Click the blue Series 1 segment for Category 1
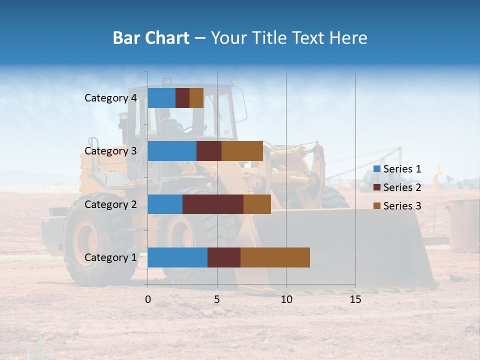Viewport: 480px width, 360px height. click(x=177, y=257)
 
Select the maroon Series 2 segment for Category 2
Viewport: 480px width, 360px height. click(x=212, y=204)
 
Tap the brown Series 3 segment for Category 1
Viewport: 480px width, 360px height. click(x=275, y=257)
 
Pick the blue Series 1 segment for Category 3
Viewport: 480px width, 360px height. click(x=171, y=150)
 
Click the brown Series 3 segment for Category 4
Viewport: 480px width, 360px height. click(x=196, y=97)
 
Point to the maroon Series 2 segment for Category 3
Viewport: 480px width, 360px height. click(x=208, y=150)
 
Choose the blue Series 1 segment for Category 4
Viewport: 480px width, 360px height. click(x=161, y=97)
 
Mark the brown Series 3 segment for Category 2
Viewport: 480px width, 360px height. click(x=257, y=204)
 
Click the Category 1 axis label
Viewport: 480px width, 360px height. click(x=110, y=257)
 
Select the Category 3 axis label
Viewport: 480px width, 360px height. click(x=110, y=151)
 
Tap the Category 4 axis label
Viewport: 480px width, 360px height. click(x=110, y=98)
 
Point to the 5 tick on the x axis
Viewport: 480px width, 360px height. click(x=217, y=299)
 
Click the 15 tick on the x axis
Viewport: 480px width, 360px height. click(x=355, y=299)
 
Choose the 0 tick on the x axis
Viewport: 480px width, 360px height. click(x=148, y=299)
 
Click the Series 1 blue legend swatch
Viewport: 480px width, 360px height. click(x=377, y=169)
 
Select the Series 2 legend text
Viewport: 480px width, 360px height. click(x=402, y=187)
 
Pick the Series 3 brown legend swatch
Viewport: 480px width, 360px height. click(x=377, y=206)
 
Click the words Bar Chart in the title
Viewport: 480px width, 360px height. click(x=151, y=38)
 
